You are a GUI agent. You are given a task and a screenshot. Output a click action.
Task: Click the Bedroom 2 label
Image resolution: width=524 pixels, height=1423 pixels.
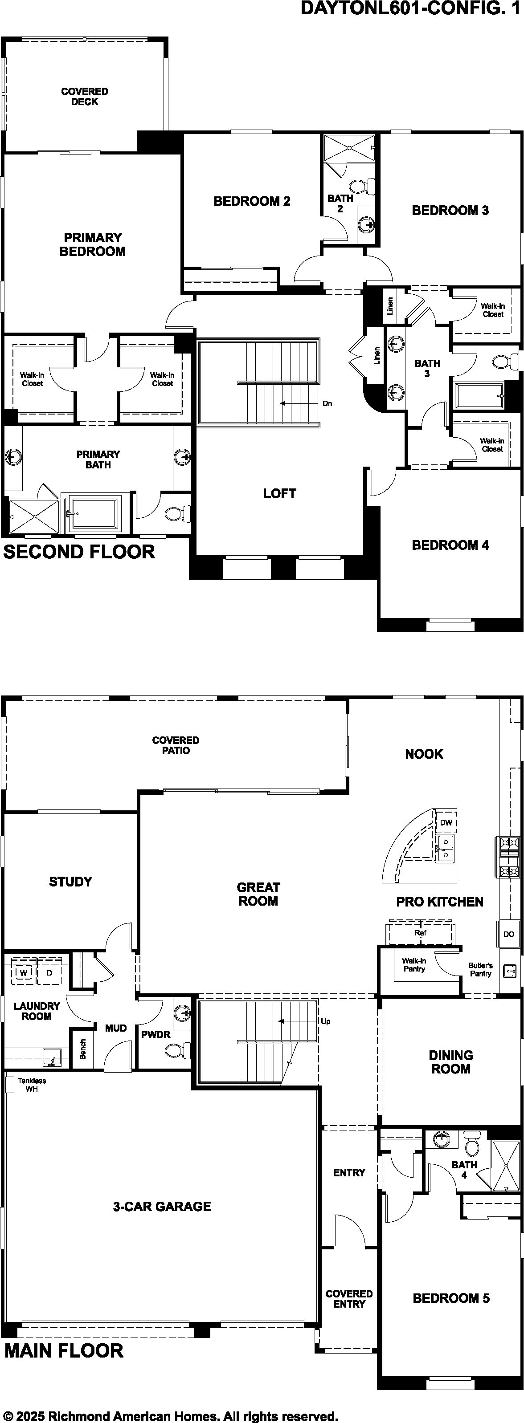pos(252,201)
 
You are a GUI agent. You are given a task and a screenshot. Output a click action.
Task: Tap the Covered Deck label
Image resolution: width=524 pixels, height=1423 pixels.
pos(85,96)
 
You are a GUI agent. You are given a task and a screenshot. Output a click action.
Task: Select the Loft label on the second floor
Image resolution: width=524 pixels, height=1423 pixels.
pos(280,493)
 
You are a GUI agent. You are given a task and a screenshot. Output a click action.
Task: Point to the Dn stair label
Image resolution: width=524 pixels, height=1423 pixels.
pos(327,403)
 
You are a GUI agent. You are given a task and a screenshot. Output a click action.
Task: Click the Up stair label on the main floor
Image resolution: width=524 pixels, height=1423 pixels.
pos(326,1021)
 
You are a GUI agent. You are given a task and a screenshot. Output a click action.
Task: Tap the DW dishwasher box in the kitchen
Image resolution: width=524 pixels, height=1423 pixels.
pos(446,822)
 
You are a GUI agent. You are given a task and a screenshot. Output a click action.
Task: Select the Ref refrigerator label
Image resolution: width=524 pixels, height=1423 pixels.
pos(421,932)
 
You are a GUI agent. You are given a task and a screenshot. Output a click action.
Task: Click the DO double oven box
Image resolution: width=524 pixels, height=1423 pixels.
pos(508,934)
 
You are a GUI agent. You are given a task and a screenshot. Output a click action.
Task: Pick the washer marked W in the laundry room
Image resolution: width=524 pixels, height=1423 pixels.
pos(23,973)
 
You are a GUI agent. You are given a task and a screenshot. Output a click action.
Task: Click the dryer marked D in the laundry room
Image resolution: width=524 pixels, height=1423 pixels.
pos(49,973)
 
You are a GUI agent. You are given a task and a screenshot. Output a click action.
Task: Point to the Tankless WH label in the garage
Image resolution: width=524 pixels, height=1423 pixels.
pos(32,1085)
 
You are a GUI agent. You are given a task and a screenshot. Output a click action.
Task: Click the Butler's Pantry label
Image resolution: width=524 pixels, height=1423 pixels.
pos(480,969)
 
